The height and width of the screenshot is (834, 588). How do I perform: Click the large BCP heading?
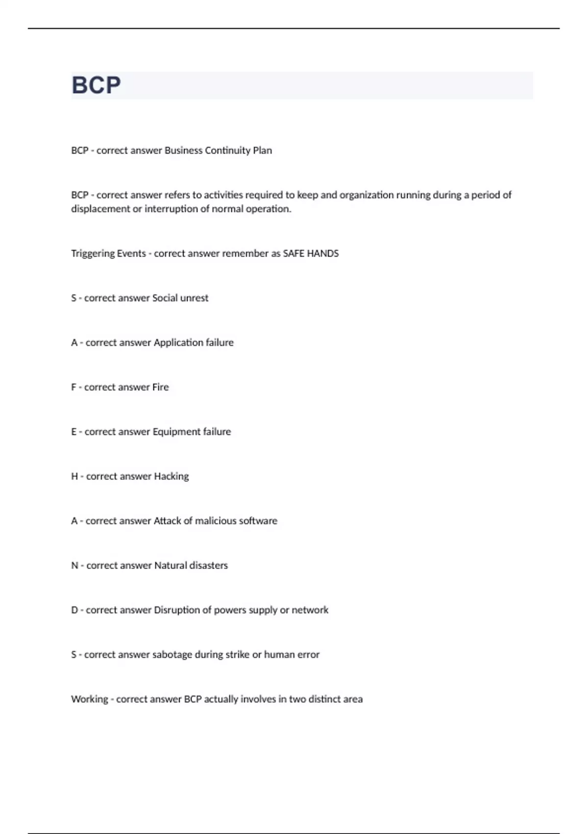tap(96, 85)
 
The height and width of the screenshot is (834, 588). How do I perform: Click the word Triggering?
tap(92, 254)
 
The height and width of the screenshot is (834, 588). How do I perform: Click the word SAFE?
tap(294, 254)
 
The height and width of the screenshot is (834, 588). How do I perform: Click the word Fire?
tap(160, 387)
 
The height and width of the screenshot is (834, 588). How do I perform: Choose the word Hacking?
tap(171, 476)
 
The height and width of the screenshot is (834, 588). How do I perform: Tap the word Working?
tap(89, 699)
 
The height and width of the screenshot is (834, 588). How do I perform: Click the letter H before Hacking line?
tap(74, 476)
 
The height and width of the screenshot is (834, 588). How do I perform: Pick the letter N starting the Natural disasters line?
tap(74, 565)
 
